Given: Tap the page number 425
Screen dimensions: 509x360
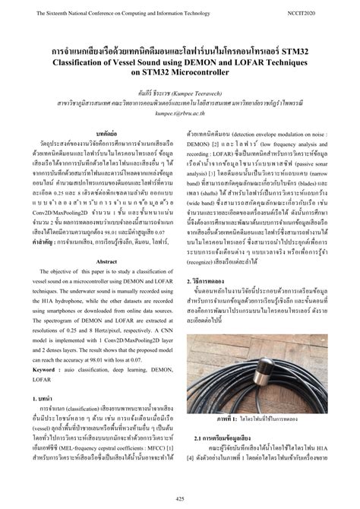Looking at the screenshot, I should [x=180, y=498].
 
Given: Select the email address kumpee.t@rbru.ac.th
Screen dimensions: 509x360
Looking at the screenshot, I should [x=180, y=109].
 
